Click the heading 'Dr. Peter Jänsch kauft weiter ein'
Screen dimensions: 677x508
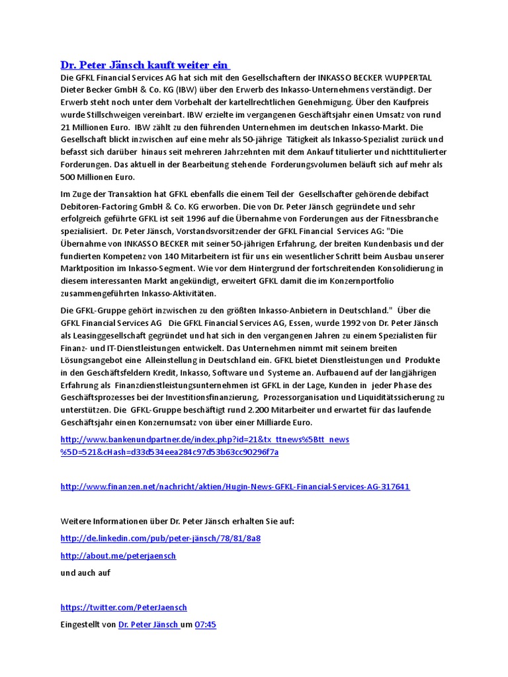(x=144, y=65)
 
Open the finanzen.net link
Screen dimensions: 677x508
(x=235, y=487)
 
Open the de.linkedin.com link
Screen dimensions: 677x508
(x=160, y=538)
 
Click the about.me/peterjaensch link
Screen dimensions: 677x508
(x=118, y=555)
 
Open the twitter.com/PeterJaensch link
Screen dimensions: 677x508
(x=123, y=607)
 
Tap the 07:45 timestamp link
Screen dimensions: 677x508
(x=205, y=624)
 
